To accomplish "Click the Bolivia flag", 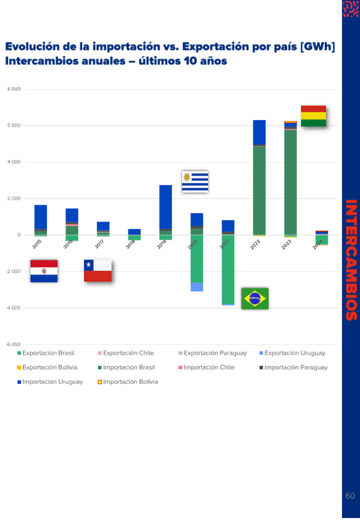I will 313,116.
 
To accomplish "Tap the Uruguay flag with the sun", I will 194,182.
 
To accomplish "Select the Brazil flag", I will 254,299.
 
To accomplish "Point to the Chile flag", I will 97,271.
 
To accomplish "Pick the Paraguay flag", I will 44,271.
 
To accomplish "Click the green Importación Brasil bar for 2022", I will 259,190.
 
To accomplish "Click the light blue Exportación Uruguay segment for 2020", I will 197,287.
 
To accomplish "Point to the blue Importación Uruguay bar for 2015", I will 40,217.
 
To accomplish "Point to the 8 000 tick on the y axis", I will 14,90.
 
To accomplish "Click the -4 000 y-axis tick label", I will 13,308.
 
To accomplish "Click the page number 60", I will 350,496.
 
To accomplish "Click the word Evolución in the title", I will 31,47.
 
